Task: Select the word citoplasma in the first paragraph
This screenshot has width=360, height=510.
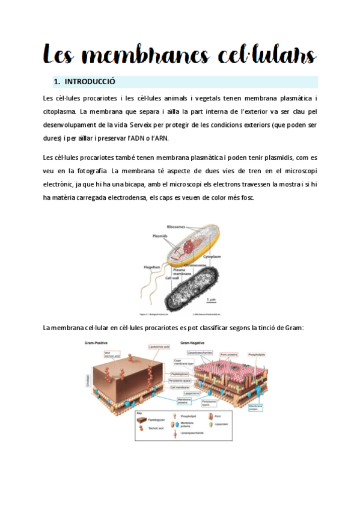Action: [59, 111]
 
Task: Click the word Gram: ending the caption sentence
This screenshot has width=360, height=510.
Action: [293, 328]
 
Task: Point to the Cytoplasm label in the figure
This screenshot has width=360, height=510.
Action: [212, 256]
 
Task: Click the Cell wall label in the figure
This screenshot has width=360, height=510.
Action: [172, 278]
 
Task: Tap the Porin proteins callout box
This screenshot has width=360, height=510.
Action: [228, 355]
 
